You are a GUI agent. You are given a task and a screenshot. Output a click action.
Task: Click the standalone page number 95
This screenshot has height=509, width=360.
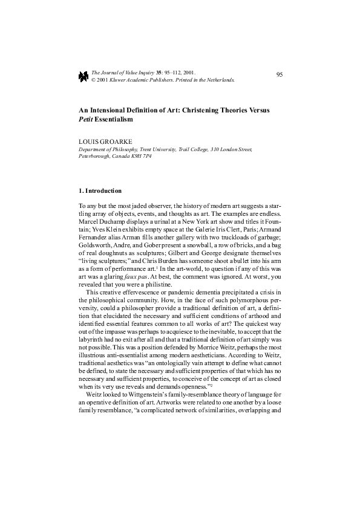(x=279, y=74)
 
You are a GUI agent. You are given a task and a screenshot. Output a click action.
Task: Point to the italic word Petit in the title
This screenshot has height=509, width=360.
(x=88, y=120)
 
